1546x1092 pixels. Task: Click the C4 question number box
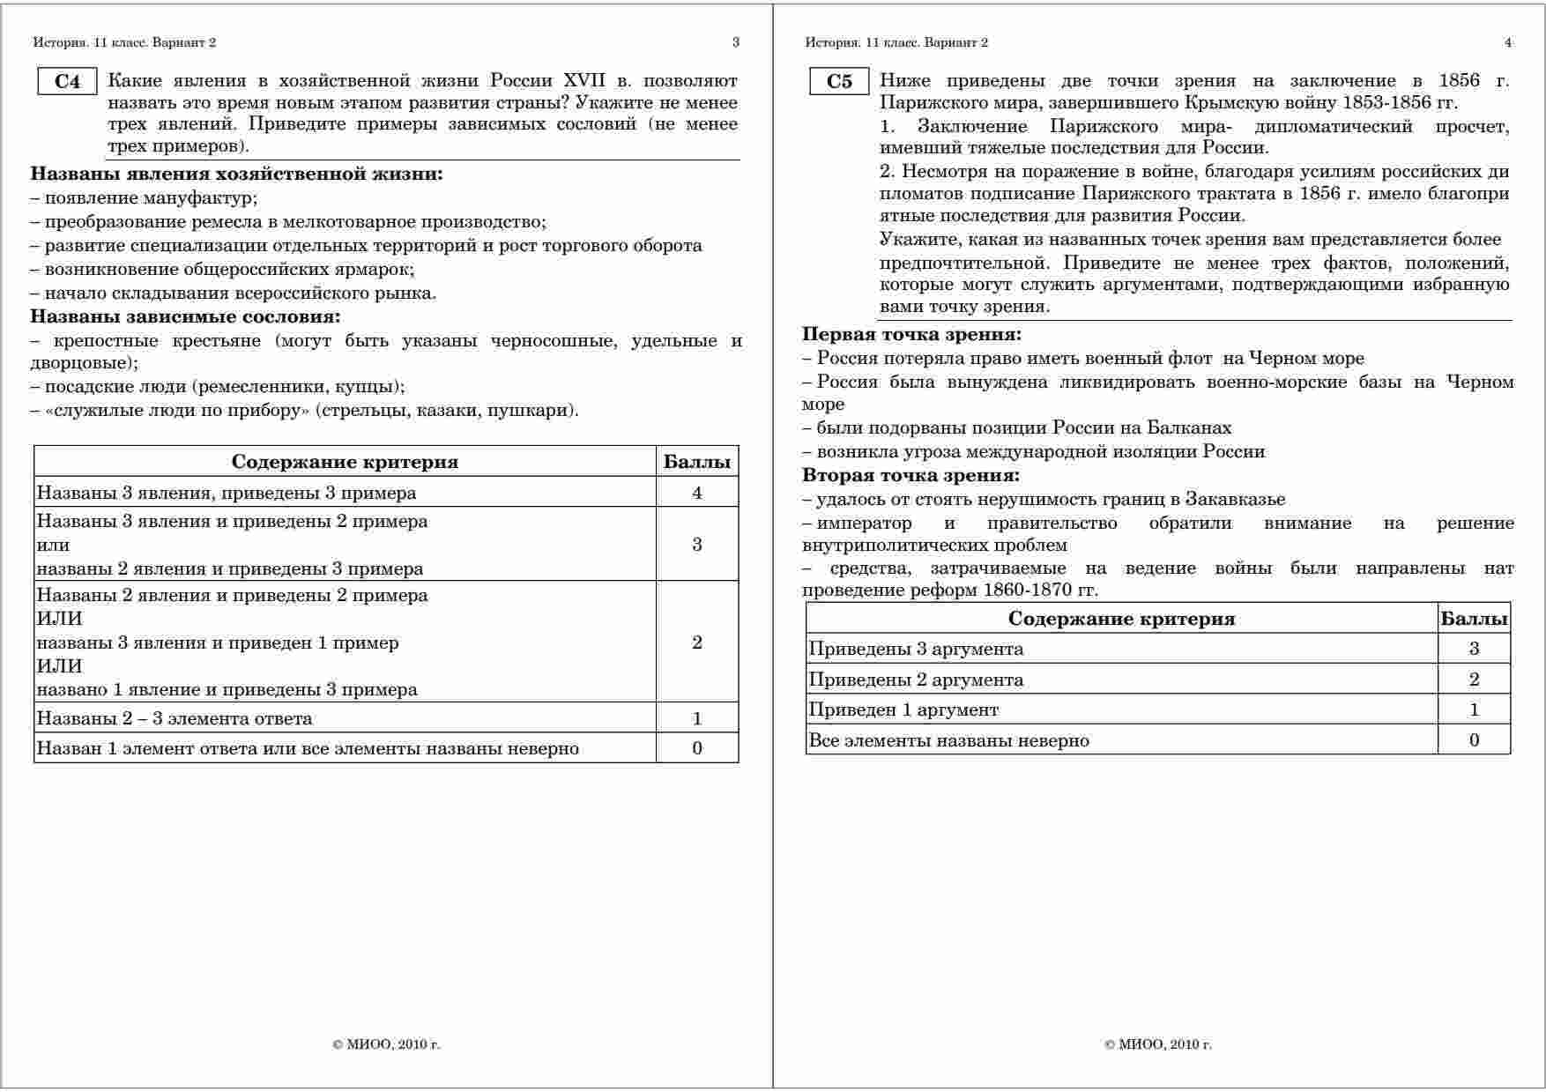coord(67,82)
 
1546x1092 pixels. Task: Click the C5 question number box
coord(839,82)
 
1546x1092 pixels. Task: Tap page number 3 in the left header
coord(736,42)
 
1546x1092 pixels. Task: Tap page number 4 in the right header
coord(1507,42)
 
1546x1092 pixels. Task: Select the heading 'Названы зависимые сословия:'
coord(185,316)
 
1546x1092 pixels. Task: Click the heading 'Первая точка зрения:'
coord(911,334)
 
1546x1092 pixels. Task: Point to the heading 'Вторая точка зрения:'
coord(911,475)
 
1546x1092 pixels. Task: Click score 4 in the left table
coord(697,493)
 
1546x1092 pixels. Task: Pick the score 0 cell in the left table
coord(697,748)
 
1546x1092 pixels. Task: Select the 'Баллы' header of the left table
coord(697,462)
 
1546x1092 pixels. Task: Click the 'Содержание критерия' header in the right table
coord(1121,619)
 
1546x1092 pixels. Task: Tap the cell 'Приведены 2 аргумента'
coord(916,680)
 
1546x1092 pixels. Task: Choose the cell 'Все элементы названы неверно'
coord(948,740)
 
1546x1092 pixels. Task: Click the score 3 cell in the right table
coord(1474,650)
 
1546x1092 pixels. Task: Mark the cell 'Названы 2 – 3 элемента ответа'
coord(175,718)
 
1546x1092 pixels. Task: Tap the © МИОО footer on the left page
coord(386,1044)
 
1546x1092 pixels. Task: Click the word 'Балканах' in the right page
coord(1189,427)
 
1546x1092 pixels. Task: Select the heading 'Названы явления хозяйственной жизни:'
coord(236,174)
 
